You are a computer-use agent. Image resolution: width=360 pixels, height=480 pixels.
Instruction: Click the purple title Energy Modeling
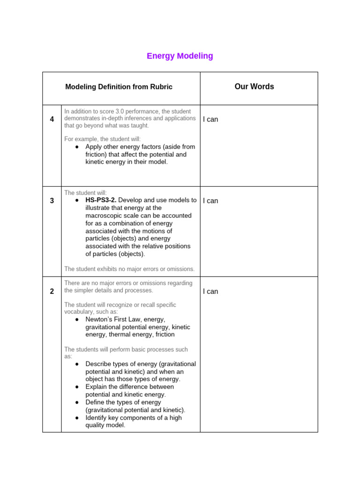coord(180,56)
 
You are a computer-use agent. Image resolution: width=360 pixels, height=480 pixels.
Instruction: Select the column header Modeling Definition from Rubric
coord(119,87)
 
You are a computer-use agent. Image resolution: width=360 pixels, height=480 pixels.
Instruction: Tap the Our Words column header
coord(254,87)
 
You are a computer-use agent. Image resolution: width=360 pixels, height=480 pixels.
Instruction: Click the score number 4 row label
coord(52,120)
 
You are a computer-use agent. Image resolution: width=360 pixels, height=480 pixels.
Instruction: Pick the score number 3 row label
coord(52,201)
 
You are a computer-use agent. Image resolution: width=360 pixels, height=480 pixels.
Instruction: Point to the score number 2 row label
coord(52,292)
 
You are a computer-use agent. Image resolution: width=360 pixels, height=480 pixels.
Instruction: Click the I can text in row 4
coord(210,120)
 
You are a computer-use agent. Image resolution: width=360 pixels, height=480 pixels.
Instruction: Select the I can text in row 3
coord(210,201)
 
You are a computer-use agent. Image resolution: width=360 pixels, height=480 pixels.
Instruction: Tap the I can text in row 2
coord(210,292)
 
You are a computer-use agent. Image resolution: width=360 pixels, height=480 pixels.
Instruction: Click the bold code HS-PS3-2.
coord(101,200)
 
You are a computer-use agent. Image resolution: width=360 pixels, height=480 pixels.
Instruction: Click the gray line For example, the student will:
coord(102,139)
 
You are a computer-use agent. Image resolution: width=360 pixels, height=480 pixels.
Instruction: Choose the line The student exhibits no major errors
coord(129,269)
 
